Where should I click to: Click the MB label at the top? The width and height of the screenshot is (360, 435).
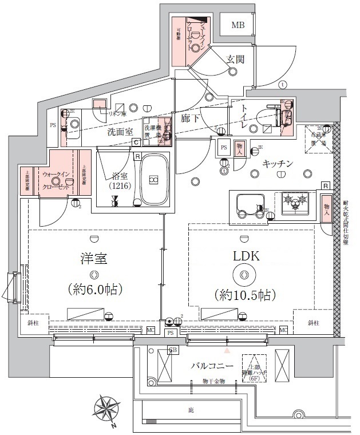pos(238,25)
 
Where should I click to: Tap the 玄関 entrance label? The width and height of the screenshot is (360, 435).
pos(236,58)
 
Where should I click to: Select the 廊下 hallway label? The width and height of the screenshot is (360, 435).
pos(190,119)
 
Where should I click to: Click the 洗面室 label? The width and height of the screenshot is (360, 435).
pos(120,132)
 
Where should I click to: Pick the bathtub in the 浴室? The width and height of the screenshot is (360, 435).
pos(153,180)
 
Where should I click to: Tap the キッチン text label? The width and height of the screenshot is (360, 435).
pos(278,164)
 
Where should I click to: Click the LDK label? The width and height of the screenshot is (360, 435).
pos(246,257)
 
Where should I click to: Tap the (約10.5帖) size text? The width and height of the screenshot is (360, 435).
pos(246,295)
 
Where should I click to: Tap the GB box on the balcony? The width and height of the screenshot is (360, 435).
pos(172,350)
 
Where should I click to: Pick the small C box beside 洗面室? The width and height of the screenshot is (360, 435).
pos(137,143)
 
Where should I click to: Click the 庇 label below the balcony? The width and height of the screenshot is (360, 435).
pos(191,410)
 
